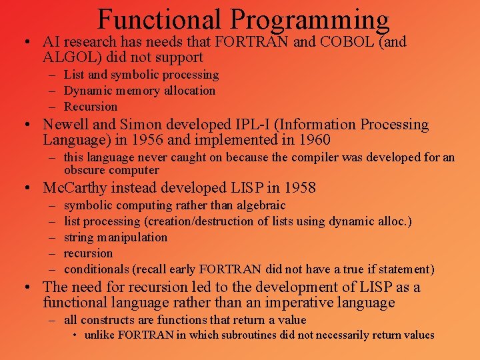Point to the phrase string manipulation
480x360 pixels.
pyautogui.click(x=115, y=237)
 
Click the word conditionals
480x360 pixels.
pyautogui.click(x=96, y=269)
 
